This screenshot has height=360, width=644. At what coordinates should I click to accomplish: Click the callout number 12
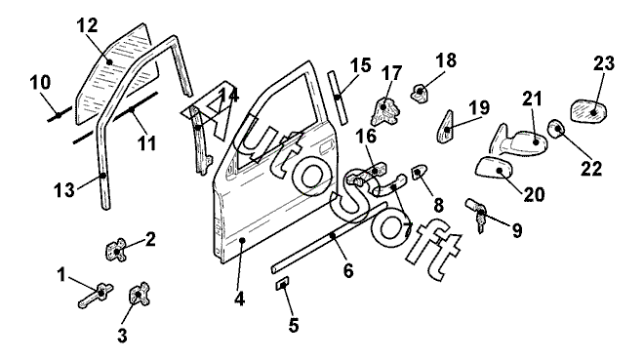click(88, 25)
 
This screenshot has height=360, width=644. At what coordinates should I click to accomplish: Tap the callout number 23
click(604, 63)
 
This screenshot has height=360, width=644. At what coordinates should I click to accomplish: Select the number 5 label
click(294, 325)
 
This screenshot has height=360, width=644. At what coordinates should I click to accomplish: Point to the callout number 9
click(517, 230)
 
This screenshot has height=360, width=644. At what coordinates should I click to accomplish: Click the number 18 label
click(446, 60)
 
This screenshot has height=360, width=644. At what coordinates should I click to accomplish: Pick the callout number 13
click(64, 190)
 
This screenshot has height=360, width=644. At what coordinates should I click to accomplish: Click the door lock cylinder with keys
click(477, 214)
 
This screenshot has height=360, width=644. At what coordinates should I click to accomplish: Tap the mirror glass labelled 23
click(588, 111)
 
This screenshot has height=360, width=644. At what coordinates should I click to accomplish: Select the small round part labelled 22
click(556, 129)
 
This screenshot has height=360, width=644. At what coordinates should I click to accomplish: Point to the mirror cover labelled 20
click(495, 168)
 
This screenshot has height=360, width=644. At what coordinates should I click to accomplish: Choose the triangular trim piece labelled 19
click(445, 127)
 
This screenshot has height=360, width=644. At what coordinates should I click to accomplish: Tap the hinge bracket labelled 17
click(385, 111)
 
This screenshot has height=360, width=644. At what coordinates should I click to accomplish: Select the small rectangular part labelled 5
click(282, 283)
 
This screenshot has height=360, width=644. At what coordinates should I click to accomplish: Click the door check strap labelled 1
click(96, 296)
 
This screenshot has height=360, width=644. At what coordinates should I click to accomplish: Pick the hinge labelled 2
click(116, 250)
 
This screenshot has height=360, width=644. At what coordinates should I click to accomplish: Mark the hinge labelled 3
click(140, 294)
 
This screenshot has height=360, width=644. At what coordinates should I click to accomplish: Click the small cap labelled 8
click(419, 172)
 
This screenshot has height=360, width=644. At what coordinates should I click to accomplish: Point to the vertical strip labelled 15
click(338, 98)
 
